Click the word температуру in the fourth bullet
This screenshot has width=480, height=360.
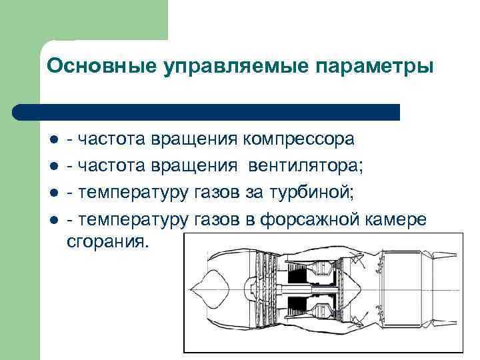click(x=134, y=219)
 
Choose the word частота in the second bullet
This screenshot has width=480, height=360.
click(x=112, y=166)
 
